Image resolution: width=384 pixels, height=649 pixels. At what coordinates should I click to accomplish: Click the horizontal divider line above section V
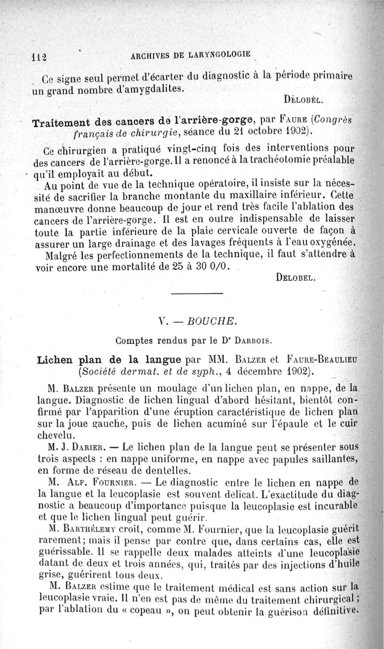click(x=197, y=293)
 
